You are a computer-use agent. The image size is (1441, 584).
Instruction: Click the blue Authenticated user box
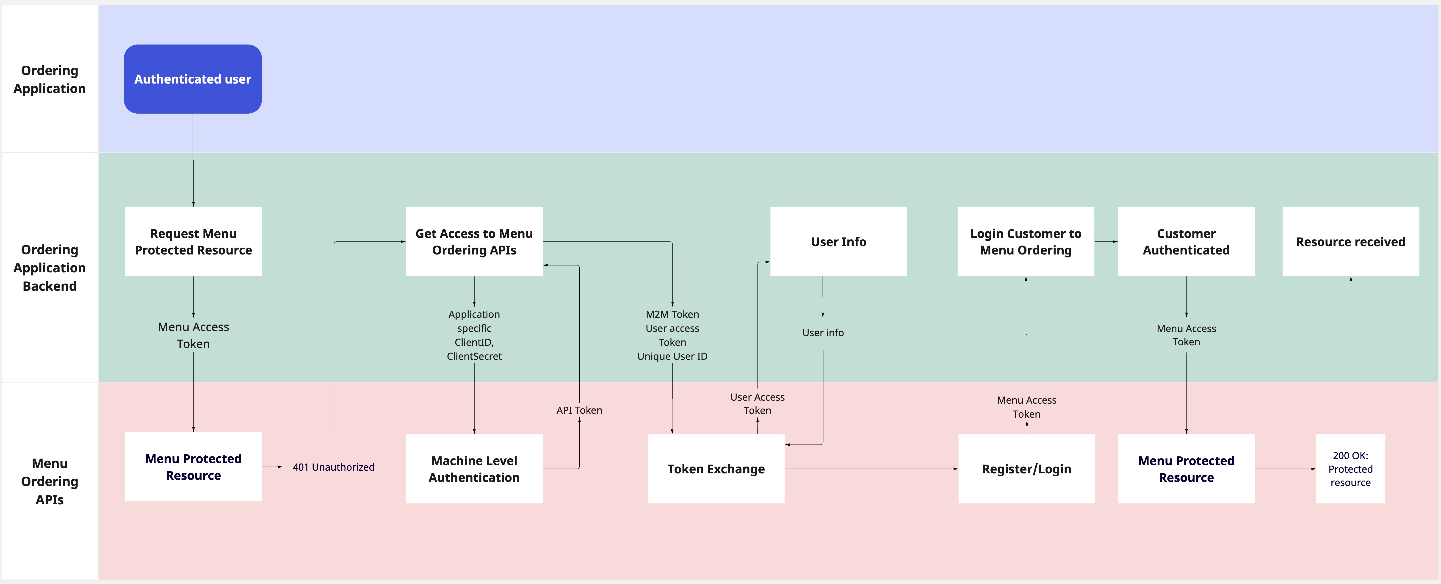coord(192,79)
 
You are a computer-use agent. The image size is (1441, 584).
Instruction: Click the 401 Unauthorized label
coord(333,467)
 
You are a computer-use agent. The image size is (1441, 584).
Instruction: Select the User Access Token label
coord(757,404)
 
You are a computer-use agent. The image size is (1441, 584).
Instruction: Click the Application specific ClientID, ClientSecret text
coord(474,335)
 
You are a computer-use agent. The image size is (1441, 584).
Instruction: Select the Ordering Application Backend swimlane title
coord(49,268)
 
